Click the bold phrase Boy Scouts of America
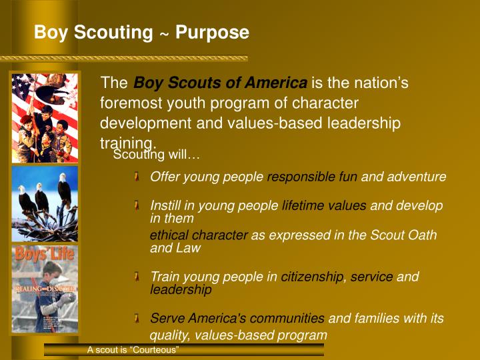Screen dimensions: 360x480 (x=221, y=83)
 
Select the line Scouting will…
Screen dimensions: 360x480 (x=157, y=155)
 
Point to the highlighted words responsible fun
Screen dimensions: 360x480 (x=312, y=177)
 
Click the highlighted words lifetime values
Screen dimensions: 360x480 (x=324, y=206)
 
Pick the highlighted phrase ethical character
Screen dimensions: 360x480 (x=199, y=235)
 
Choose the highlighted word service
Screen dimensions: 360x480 (x=371, y=277)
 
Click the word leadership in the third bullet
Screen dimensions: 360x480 (x=181, y=290)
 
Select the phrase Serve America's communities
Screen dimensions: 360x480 (x=237, y=319)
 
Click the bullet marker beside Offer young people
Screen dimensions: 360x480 (x=136, y=177)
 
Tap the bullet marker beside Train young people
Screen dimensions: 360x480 (x=136, y=277)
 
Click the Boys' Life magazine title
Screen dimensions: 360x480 (x=45, y=255)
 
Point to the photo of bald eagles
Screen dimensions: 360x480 (x=45, y=204)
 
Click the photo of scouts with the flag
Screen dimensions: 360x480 (x=45, y=117)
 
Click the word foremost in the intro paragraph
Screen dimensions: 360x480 (x=129, y=103)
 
